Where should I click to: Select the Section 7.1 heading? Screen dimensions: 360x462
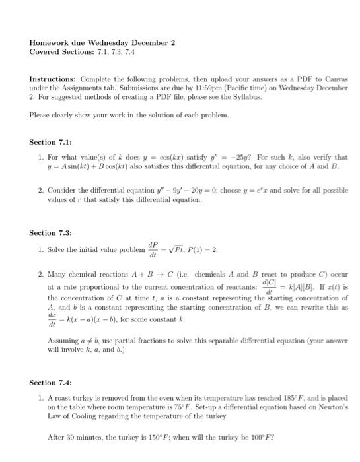coord(50,141)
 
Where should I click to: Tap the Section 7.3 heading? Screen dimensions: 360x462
coord(50,232)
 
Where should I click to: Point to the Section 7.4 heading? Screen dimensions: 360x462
coord(50,383)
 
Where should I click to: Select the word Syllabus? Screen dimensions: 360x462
coord(247,96)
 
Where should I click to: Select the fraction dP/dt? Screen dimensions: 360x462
coord(153,251)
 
